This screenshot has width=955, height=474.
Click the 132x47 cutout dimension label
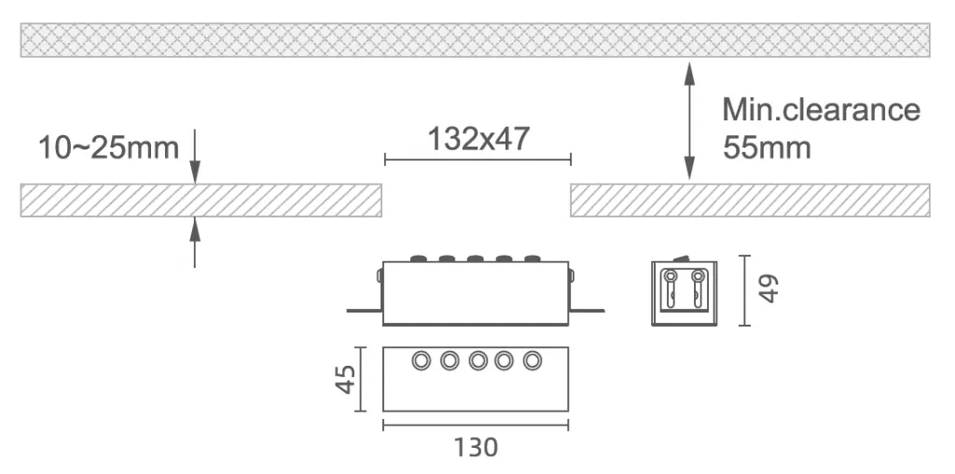478,140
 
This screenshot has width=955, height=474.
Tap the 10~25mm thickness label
108,148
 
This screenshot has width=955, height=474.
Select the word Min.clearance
821,110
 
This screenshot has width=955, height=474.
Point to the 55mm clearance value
767,147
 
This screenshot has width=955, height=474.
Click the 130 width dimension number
476,448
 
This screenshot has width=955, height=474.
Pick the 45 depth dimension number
346,380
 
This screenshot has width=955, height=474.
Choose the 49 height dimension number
769,289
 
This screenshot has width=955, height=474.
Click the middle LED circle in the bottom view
477,361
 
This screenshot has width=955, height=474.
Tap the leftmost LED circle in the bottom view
421,361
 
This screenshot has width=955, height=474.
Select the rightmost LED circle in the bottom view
533,361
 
